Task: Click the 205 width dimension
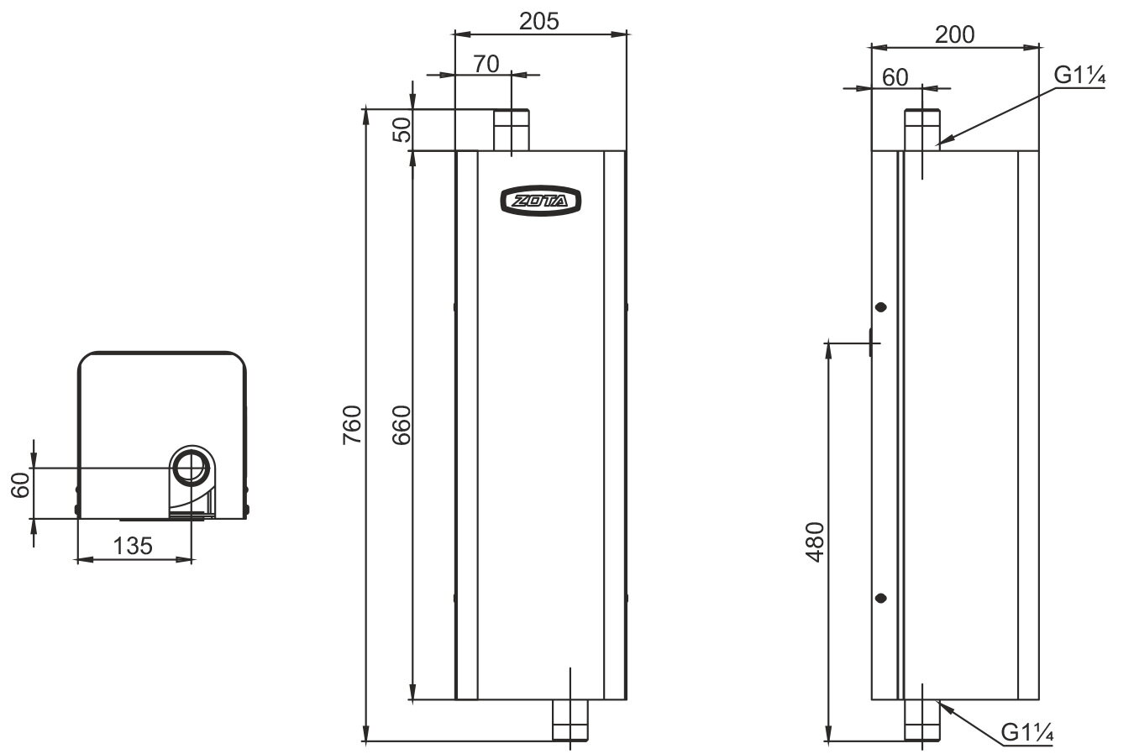(538, 22)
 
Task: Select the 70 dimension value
(486, 63)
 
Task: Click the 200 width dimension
(954, 34)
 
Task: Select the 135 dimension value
(134, 546)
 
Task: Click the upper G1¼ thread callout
(1080, 76)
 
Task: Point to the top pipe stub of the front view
(511, 130)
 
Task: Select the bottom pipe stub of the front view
(570, 720)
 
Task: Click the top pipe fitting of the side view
(922, 129)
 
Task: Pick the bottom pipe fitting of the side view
(922, 720)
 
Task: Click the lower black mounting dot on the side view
(880, 598)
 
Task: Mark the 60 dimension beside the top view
(22, 484)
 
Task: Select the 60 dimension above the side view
(895, 76)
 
